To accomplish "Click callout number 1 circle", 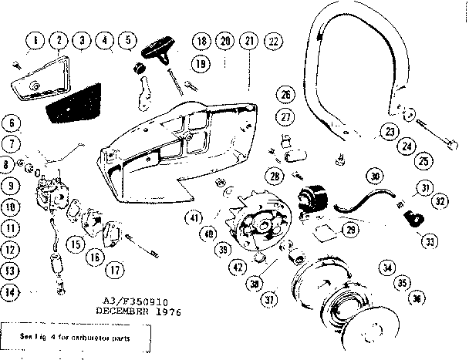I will (x=35, y=39).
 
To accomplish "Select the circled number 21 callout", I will (x=248, y=41).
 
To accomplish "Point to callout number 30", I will (x=375, y=177).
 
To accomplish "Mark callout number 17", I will (x=114, y=270).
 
